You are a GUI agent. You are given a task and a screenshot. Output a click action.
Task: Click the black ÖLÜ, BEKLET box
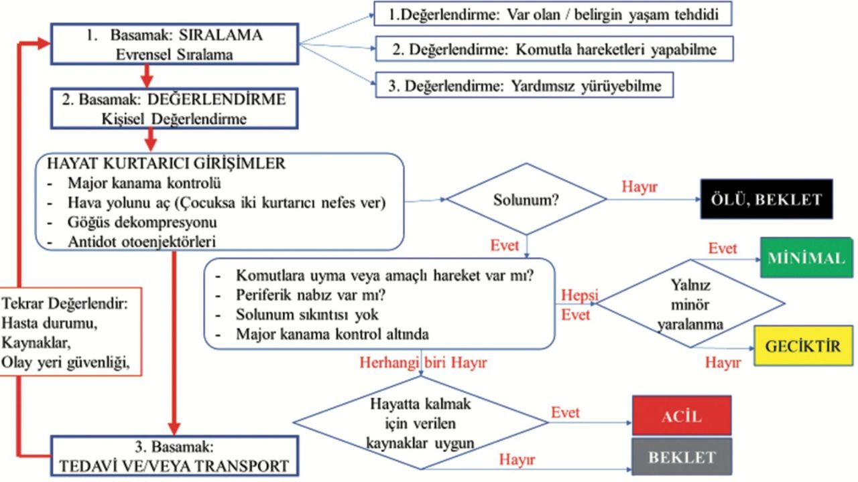766,199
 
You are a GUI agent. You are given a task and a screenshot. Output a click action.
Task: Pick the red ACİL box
681,415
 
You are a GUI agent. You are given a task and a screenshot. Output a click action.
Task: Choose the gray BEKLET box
681,457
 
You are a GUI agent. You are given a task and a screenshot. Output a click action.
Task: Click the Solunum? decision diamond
526,199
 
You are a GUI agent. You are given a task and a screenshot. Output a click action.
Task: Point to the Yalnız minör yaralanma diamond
690,305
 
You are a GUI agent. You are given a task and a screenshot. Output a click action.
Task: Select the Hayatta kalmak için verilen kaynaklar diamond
421,423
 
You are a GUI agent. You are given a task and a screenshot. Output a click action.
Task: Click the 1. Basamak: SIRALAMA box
174,44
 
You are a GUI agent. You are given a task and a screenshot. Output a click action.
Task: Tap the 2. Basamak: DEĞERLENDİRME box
174,108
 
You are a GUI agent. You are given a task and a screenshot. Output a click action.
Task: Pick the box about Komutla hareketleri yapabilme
554,49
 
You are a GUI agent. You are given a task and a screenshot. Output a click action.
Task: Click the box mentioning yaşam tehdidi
552,13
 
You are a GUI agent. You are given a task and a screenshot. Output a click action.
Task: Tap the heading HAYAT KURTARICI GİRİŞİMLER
166,163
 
